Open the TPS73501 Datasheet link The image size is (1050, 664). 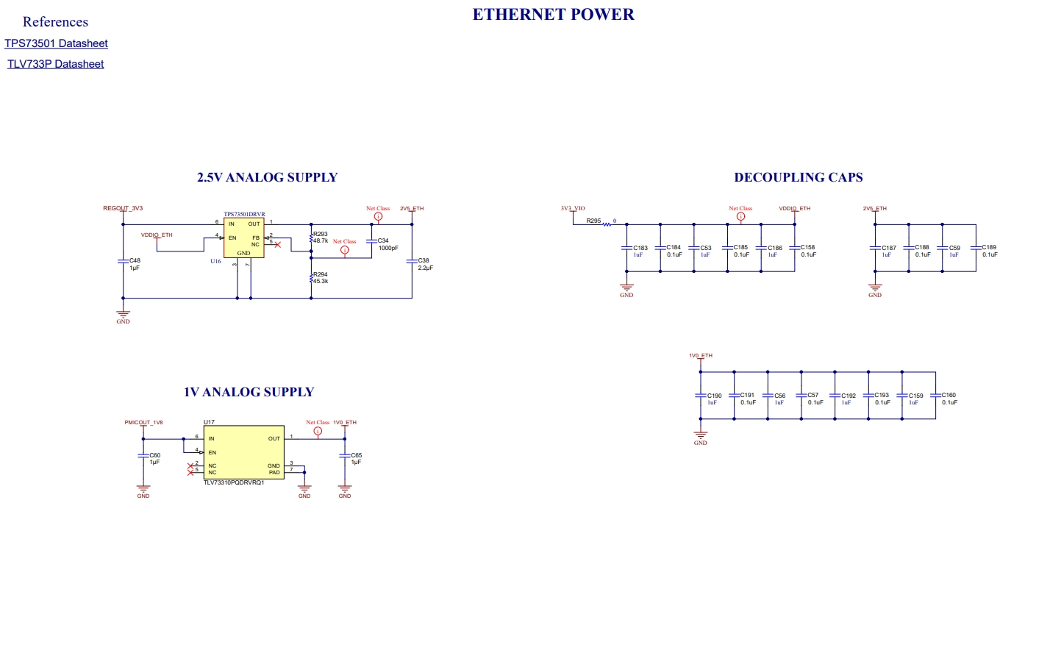[x=56, y=43]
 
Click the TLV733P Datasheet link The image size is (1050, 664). [x=55, y=64]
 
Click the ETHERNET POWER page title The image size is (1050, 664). [x=553, y=15]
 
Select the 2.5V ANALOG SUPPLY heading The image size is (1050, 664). [x=267, y=177]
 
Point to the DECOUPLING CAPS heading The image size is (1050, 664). [x=798, y=177]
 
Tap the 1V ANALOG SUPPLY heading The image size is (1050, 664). [x=249, y=392]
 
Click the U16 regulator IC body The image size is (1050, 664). [x=243, y=238]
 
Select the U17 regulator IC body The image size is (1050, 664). [x=243, y=452]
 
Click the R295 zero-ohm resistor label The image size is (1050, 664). [x=593, y=221]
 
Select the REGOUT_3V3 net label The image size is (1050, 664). [x=123, y=208]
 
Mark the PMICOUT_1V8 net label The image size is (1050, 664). [x=143, y=423]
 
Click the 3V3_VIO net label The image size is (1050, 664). [x=573, y=208]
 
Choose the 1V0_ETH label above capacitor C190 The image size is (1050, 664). [x=701, y=356]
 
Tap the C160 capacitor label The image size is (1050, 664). [x=949, y=395]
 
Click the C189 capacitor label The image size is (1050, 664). [x=989, y=248]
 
